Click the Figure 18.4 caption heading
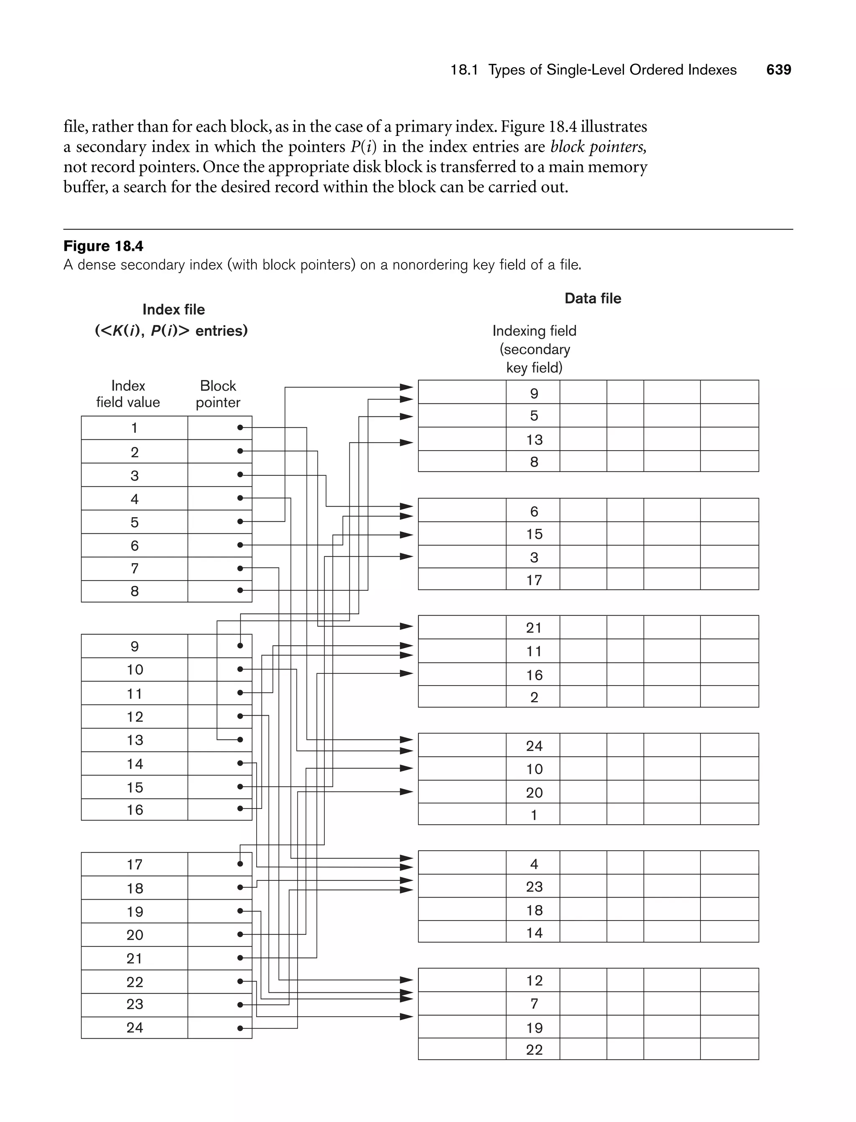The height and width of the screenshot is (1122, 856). pos(103,246)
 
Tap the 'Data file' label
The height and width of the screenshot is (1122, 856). pos(593,298)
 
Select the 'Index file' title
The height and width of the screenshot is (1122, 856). pos(173,310)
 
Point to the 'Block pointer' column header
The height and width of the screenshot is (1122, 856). pos(218,394)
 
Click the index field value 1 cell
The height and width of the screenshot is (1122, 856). pos(135,428)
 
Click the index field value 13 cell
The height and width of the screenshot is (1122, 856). pos(135,740)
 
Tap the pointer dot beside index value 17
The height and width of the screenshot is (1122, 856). pos(240,864)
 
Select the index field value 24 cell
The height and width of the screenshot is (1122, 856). pos(135,1027)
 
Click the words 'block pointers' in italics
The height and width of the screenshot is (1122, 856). pos(598,147)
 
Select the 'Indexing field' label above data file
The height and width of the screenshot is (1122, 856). pos(534,331)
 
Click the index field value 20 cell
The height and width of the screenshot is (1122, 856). pos(135,934)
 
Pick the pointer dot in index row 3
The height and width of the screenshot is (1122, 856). pos(240,474)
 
